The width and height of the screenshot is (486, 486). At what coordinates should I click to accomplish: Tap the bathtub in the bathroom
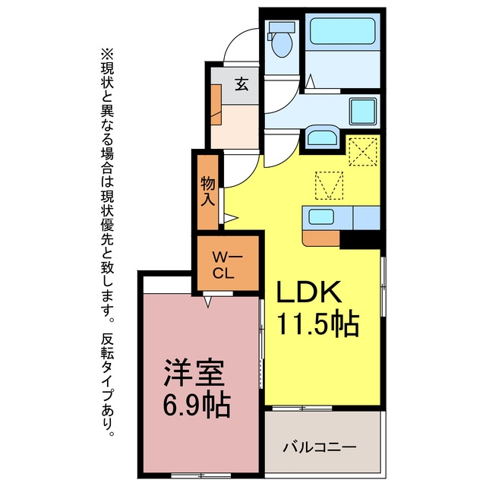click(x=342, y=31)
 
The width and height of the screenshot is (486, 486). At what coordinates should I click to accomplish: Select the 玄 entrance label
click(x=241, y=84)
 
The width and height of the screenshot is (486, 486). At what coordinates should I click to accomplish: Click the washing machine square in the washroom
click(x=363, y=112)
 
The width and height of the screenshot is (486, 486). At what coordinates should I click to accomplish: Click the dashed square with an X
click(x=363, y=152)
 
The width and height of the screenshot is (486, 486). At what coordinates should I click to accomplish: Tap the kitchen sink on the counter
click(x=321, y=216)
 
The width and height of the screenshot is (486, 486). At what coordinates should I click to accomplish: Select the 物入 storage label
click(x=207, y=191)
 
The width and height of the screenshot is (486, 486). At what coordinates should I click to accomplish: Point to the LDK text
click(x=309, y=292)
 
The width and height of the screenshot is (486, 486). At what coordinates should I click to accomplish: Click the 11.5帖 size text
click(x=317, y=324)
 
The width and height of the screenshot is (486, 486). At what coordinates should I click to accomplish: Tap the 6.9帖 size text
click(x=197, y=405)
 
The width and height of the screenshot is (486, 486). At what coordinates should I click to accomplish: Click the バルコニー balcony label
click(x=320, y=447)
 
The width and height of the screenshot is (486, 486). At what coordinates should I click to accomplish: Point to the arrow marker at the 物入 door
click(x=231, y=218)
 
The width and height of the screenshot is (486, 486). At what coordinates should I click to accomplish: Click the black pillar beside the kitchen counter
click(x=360, y=240)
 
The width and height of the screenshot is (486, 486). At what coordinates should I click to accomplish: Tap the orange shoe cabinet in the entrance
click(x=216, y=105)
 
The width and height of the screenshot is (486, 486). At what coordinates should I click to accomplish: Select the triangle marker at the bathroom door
click(x=310, y=81)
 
